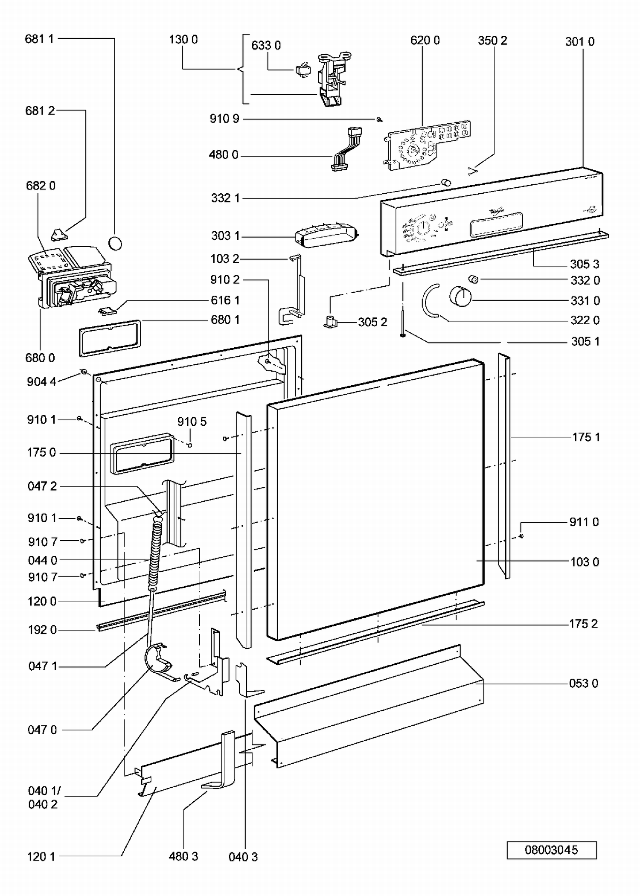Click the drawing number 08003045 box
[551, 850]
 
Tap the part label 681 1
[39, 39]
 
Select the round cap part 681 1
[115, 243]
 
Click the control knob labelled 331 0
[460, 297]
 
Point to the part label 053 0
[583, 683]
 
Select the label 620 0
[425, 40]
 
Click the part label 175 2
[583, 623]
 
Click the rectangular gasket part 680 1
[110, 338]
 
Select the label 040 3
[243, 857]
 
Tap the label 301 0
[579, 41]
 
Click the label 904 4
[41, 381]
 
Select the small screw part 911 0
[521, 535]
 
